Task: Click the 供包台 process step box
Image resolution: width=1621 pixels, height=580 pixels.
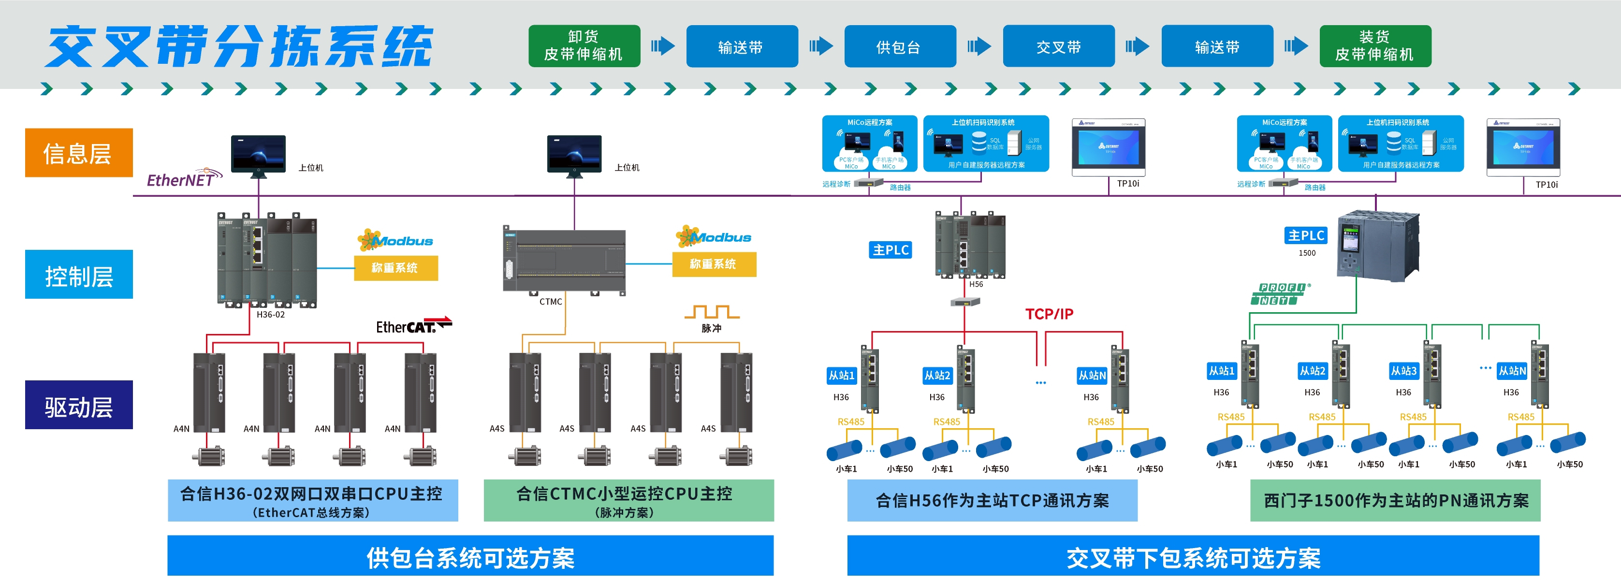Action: tap(900, 46)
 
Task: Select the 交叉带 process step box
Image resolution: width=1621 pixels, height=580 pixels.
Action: tap(1058, 46)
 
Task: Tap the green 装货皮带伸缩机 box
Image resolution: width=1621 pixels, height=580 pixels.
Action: tap(1375, 46)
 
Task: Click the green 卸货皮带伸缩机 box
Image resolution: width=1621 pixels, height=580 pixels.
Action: tap(584, 46)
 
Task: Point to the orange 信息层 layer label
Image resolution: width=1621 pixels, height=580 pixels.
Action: tap(79, 153)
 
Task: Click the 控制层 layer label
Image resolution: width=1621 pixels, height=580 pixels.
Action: tap(79, 275)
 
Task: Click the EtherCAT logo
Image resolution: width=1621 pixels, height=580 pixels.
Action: tap(413, 326)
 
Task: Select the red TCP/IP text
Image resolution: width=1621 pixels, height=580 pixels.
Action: tap(1049, 314)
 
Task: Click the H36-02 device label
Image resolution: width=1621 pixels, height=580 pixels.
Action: tap(271, 315)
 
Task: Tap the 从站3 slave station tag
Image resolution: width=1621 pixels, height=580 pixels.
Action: tap(1403, 371)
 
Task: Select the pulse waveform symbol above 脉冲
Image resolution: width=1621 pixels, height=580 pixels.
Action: tap(712, 311)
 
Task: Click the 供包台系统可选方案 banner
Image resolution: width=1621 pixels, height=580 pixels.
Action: tap(470, 557)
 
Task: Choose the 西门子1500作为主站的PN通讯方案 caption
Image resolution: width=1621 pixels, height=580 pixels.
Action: tap(1395, 501)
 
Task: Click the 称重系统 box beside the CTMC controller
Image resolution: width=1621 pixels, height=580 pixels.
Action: tap(714, 264)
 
